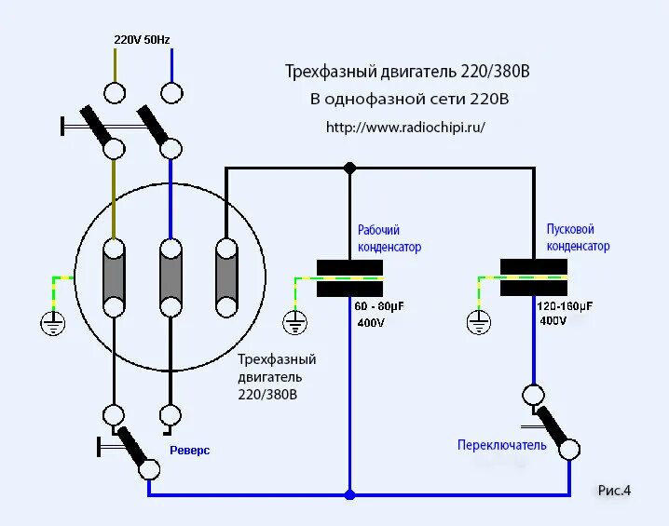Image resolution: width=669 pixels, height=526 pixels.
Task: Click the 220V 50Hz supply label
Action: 142,39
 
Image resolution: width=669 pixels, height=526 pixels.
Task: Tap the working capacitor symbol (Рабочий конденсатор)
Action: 349,278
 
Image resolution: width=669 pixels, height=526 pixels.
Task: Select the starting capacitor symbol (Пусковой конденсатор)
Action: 534,277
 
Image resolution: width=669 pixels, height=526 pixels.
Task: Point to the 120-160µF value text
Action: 566,304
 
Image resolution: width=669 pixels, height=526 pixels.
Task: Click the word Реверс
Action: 189,450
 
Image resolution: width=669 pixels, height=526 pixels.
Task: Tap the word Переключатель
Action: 501,445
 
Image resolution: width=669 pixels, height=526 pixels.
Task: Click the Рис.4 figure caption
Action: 614,490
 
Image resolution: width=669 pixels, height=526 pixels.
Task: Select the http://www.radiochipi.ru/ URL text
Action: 405,127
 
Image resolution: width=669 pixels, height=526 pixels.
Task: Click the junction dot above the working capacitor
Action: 349,169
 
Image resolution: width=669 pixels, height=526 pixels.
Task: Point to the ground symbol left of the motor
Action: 52,323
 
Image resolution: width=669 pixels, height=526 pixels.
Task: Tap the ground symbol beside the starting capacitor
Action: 478,322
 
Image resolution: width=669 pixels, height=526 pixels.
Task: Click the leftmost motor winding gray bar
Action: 114,277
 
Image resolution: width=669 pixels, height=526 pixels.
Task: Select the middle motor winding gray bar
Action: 170,277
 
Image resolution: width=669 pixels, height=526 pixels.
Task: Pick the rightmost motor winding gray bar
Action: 225,277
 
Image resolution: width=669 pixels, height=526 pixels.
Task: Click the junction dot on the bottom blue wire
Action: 349,494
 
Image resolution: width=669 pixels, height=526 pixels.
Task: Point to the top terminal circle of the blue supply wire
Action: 171,93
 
